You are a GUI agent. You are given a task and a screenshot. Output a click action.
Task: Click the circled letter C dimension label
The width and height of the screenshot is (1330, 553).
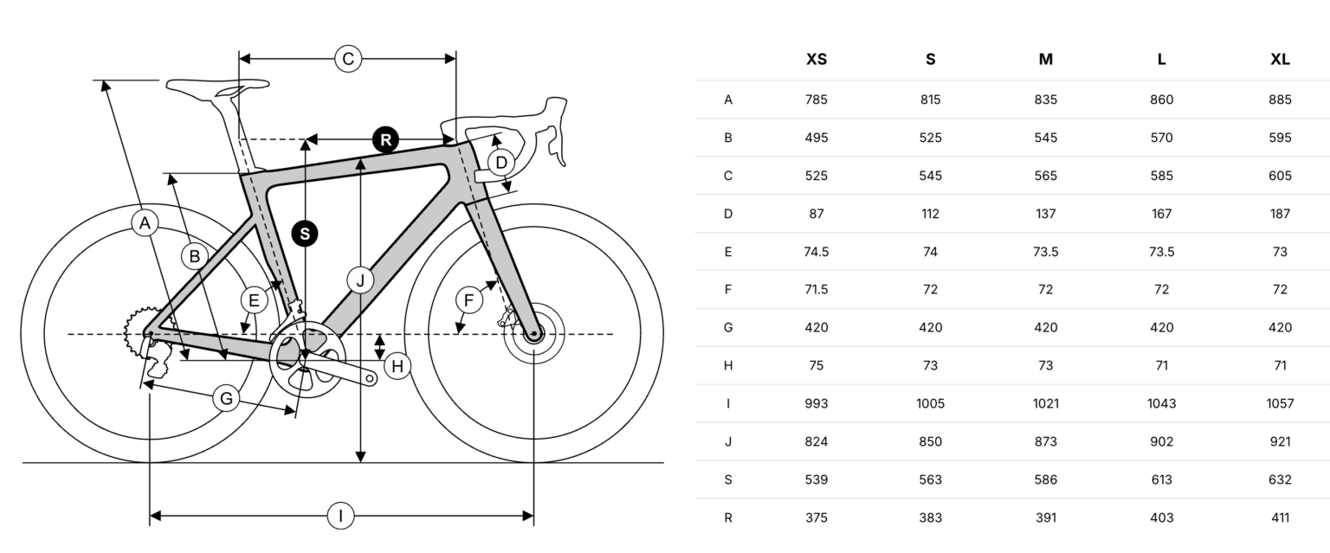point(348,59)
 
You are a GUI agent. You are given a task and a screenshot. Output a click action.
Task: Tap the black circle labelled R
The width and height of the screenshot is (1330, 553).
point(386,140)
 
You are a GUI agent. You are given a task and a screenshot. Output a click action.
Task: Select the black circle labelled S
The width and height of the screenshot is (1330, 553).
point(305,234)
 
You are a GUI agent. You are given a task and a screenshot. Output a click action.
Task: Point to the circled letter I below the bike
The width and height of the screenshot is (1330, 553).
point(341,516)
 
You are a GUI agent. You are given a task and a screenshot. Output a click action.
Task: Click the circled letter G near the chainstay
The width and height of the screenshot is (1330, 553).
point(226,398)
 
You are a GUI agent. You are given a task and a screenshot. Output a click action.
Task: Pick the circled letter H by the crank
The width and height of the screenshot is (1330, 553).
point(397,366)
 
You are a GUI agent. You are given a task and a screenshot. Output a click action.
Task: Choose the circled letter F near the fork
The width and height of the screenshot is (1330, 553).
point(469,301)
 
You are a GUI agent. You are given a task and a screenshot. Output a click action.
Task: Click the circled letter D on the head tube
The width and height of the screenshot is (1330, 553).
point(501,163)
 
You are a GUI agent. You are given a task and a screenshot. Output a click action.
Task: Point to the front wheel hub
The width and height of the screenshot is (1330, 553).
point(533,333)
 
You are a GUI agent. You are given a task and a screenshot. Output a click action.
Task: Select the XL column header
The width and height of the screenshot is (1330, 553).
point(1280,60)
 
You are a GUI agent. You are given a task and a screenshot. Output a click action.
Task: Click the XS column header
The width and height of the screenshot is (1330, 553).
point(817,60)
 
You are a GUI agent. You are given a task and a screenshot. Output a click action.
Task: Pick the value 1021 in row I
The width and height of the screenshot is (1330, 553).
point(1046,403)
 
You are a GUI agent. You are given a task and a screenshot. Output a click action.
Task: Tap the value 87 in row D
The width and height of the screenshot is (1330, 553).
point(817,214)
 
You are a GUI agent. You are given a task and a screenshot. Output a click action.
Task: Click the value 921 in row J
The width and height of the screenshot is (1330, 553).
point(1280,441)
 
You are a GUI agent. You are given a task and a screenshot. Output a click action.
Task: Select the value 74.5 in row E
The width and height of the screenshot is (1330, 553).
point(817,252)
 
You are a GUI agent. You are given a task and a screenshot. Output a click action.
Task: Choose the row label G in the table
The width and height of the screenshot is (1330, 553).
point(728,327)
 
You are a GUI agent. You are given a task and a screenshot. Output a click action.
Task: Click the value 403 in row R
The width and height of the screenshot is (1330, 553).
point(1161,518)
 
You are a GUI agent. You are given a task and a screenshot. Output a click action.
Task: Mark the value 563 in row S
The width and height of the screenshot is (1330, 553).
point(931,479)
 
